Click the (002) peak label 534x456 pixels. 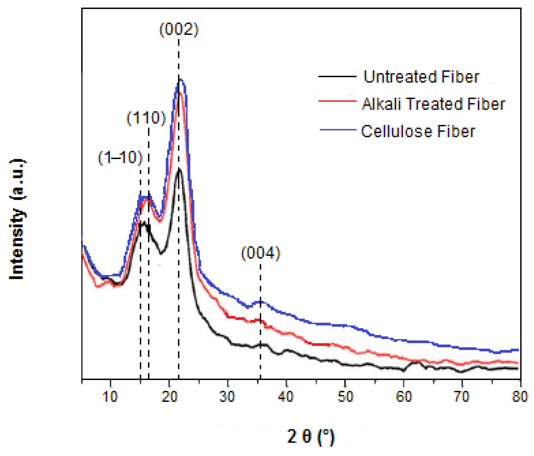coord(179,29)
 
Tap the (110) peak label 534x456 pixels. coord(146,118)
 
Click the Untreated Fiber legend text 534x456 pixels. coord(421,77)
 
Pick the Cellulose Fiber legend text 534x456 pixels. coord(418,131)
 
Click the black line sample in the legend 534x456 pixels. coord(337,76)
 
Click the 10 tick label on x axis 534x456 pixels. coord(110,397)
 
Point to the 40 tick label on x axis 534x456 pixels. coord(286,397)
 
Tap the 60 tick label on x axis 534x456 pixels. coord(404,397)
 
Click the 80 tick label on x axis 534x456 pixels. coord(520,397)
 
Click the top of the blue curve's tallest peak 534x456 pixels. coord(180,80)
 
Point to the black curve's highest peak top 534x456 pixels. coord(179,170)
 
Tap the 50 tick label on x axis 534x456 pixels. coord(345,397)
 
